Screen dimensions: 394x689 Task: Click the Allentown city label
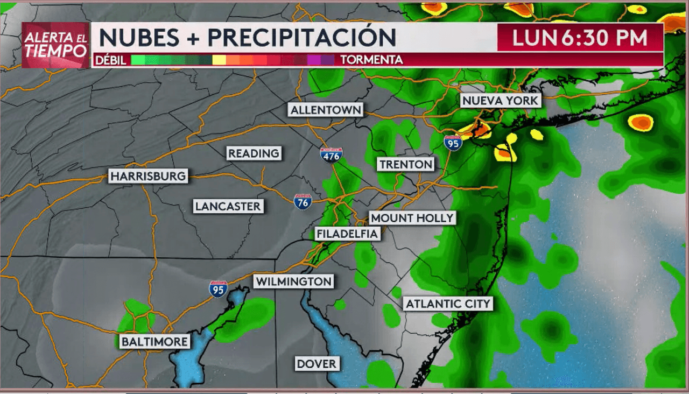326,110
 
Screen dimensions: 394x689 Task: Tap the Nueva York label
500,101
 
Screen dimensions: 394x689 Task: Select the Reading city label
254,153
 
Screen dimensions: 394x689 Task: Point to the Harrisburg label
148,176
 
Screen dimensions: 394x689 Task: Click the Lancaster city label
228,206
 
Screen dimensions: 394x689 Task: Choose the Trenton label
405,164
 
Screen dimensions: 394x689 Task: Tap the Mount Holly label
412,218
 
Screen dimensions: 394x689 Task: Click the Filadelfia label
347,234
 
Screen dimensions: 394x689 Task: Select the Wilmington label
293,282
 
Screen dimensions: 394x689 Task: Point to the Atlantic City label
448,304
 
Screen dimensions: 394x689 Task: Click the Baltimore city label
154,341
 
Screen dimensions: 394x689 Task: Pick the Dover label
317,364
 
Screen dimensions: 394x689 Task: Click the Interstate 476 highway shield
331,156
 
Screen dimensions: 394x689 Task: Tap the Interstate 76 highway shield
303,201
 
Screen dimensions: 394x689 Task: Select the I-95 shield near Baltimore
218,289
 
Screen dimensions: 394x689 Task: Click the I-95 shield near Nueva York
453,143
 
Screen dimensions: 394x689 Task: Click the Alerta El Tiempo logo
55,45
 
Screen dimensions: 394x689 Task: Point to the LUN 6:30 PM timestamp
580,38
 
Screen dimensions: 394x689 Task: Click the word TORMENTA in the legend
371,60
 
